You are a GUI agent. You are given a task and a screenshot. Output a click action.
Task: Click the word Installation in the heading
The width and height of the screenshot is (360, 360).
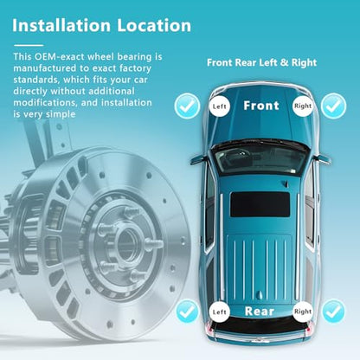(61, 25)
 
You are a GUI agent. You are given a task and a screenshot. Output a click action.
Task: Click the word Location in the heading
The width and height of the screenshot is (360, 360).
(154, 25)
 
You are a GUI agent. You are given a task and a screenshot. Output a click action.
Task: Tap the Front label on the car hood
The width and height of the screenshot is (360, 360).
(261, 106)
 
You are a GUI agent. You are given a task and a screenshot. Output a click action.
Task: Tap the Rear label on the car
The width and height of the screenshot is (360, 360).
(260, 312)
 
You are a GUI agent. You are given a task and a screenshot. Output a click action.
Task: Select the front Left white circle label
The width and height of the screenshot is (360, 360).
(220, 106)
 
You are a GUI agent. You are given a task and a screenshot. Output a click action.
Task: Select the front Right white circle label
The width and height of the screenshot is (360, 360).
(303, 106)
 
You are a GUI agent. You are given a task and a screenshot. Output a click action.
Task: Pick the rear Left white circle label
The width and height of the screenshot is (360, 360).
(220, 312)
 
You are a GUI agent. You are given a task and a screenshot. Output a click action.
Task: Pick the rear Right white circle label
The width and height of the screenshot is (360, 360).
(303, 312)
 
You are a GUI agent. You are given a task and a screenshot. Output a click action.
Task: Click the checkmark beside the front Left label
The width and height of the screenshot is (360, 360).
(187, 106)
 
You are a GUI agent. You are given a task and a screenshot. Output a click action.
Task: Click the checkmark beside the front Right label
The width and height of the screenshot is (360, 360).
(334, 106)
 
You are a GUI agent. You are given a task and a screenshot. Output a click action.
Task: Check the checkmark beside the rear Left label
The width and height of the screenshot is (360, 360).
(188, 312)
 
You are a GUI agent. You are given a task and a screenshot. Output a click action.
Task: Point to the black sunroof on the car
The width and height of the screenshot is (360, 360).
(260, 204)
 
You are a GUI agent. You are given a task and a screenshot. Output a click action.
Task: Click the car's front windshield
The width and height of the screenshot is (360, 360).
(260, 158)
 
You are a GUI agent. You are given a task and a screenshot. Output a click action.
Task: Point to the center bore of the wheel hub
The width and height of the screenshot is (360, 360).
(126, 245)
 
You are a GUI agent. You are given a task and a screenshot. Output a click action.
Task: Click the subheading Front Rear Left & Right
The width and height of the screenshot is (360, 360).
(262, 62)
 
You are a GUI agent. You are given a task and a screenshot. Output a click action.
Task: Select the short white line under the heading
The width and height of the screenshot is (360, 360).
(29, 45)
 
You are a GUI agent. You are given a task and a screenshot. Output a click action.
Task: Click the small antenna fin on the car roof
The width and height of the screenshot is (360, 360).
(286, 183)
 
